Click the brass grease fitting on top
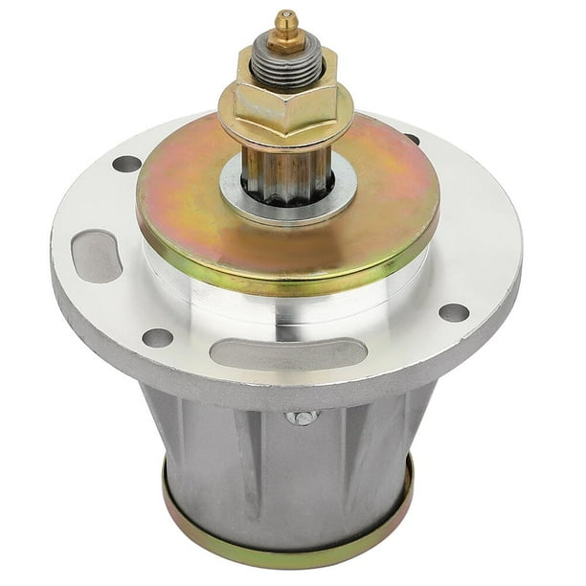(x=284, y=34)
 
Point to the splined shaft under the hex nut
(x=285, y=172)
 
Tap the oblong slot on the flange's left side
(x=97, y=256)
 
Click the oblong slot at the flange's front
(x=287, y=352)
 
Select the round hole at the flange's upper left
(x=126, y=164)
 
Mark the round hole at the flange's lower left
(x=157, y=337)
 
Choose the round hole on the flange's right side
(x=454, y=312)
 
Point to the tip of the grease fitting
(x=284, y=16)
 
